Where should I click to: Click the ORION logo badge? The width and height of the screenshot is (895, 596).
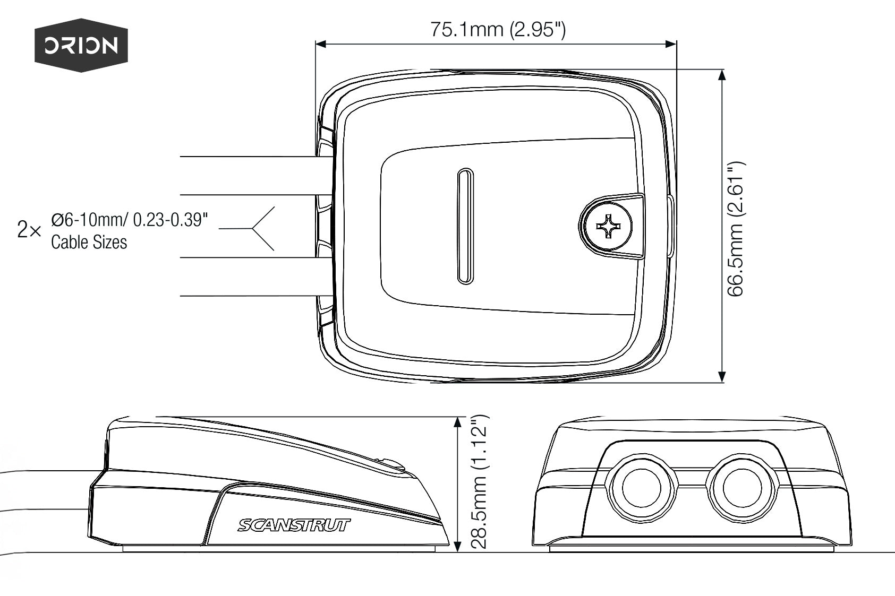click(81, 45)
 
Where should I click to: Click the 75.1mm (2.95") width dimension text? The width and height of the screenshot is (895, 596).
click(498, 29)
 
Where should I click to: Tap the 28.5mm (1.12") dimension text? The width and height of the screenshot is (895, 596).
click(479, 481)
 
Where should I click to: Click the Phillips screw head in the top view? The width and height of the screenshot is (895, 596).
click(606, 227)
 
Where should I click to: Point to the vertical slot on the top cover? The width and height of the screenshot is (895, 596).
click(465, 227)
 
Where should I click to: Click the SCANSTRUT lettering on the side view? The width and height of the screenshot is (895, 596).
click(294, 525)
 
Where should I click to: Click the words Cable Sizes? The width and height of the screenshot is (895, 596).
click(89, 243)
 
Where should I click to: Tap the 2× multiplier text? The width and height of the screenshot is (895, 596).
click(29, 230)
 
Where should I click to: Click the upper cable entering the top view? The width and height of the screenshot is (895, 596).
click(250, 176)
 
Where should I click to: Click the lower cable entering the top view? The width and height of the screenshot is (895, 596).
click(250, 277)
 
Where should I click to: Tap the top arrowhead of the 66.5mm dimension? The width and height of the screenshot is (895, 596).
click(721, 75)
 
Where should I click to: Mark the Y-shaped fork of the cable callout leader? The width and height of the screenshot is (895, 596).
click(252, 228)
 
